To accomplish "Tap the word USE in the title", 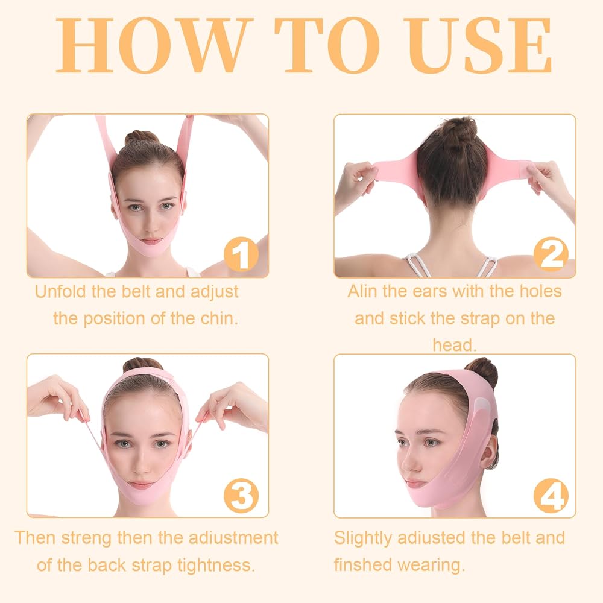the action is pos(478,45).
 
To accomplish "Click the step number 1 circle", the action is pos(241,254).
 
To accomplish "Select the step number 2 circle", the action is pos(551,254).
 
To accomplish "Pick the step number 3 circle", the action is pos(241,495).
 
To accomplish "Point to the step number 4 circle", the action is pos(551,495).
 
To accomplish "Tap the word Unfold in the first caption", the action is pos(60,291).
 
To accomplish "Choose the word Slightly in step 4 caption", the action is pos(363,538).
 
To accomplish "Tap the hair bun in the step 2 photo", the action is pos(457,131).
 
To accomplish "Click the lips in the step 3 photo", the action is pos(140,485).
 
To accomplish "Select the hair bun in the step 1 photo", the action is pos(142,137).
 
